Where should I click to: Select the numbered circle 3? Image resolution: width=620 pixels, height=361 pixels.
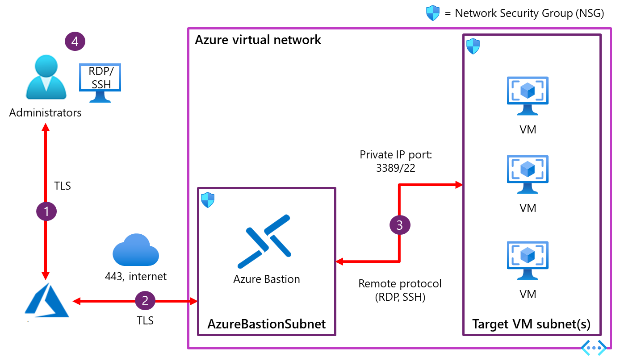click(x=400, y=225)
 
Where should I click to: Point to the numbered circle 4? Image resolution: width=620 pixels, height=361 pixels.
click(x=75, y=41)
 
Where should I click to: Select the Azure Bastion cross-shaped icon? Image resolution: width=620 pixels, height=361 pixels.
click(x=264, y=241)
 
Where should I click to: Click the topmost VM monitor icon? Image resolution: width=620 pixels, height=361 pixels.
click(x=528, y=96)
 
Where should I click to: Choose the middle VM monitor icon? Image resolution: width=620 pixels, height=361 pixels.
click(x=528, y=174)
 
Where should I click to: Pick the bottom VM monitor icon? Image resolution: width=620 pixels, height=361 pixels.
click(x=528, y=261)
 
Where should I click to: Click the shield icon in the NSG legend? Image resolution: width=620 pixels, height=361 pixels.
click(x=433, y=13)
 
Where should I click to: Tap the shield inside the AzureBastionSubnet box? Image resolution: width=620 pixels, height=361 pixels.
click(x=208, y=200)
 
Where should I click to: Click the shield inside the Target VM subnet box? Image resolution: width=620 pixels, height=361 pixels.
click(x=473, y=46)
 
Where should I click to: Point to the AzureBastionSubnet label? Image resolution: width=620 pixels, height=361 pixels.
click(x=267, y=324)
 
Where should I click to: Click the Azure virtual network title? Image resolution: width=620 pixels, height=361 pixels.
click(x=258, y=40)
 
